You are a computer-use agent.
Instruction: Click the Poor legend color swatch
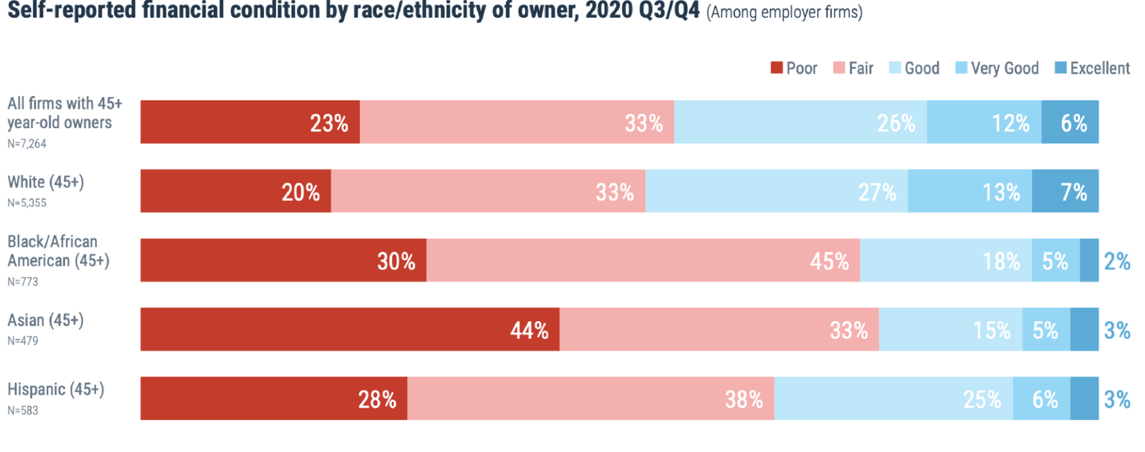776,68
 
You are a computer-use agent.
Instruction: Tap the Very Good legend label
1004,68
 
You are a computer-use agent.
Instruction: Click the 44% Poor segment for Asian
350,329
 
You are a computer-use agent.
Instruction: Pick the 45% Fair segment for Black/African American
643,260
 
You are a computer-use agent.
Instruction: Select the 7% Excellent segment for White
1065,191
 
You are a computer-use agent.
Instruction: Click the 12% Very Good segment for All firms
984,122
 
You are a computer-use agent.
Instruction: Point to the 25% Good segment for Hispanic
893,398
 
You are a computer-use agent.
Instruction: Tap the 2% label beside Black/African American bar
1117,261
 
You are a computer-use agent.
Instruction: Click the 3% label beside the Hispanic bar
1117,399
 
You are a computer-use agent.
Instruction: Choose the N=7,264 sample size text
27,144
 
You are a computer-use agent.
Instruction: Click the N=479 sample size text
23,341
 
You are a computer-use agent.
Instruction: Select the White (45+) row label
45,182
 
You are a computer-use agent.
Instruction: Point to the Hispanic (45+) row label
55,389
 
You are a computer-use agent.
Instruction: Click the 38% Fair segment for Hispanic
590,398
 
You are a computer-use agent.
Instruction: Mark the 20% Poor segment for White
236,191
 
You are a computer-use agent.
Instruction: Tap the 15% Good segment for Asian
951,329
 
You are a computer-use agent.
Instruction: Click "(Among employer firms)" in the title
784,12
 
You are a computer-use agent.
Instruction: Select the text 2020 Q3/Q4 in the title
642,11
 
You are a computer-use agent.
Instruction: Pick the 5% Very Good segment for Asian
1046,329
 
